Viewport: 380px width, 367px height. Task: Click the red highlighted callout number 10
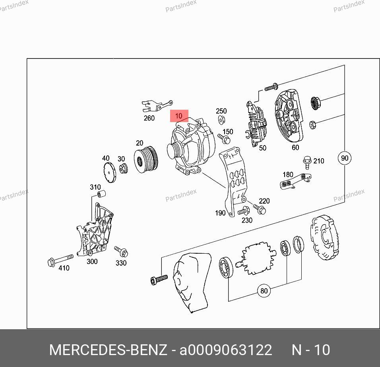coord(179,116)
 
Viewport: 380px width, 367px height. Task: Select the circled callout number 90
coord(344,158)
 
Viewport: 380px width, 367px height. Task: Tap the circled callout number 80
coord(264,290)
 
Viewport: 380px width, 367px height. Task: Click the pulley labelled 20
coord(146,159)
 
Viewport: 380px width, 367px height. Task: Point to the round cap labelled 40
coord(110,172)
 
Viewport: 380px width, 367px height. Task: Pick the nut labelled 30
coord(124,168)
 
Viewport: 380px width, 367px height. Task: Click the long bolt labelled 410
coord(60,260)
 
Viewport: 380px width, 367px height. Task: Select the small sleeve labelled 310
coord(101,194)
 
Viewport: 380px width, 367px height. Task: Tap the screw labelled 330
coord(121,251)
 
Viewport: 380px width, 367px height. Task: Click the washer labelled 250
coord(221,120)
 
